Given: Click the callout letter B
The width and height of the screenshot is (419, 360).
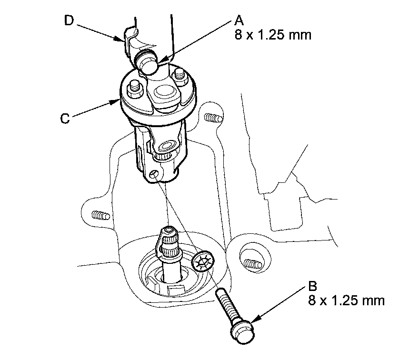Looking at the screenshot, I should [x=313, y=288].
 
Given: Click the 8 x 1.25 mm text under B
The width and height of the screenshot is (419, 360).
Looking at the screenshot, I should [x=346, y=301].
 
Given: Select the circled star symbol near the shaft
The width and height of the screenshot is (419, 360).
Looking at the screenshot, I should [x=204, y=261].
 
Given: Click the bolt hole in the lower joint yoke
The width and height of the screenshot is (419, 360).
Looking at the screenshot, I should [x=153, y=175].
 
